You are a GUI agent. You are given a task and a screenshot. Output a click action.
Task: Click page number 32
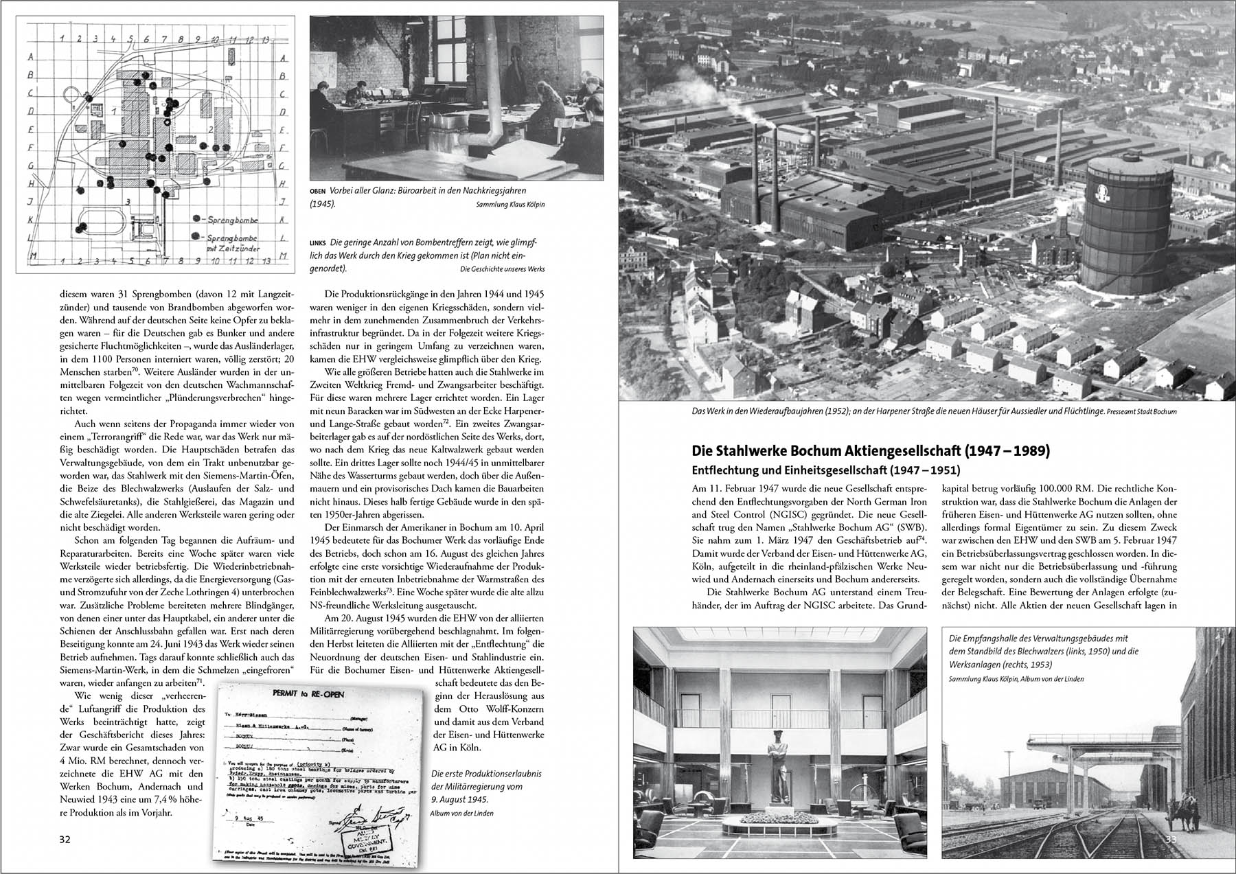pos(65,840)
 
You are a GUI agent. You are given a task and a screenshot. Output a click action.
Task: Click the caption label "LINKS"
pos(319,242)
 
